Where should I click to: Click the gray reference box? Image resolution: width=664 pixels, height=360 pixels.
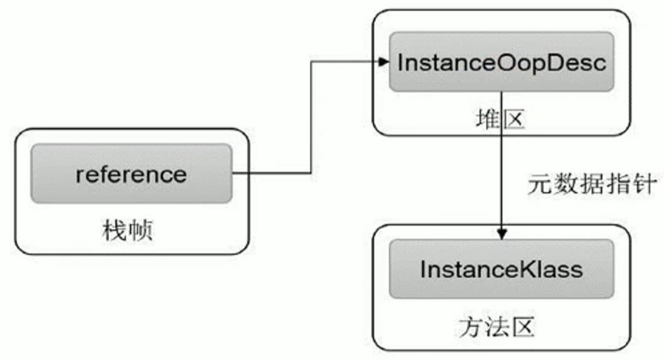pos(131,173)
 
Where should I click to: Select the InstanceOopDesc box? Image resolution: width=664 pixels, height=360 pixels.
pos(501,62)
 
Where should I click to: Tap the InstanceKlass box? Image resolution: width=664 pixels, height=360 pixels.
pos(501,269)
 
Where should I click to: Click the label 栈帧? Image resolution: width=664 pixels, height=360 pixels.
pos(128,230)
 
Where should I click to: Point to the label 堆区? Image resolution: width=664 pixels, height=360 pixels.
pos(501,119)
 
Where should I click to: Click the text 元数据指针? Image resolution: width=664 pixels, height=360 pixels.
pos(591,184)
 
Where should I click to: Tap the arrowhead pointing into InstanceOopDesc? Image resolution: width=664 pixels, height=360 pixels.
pos(384,62)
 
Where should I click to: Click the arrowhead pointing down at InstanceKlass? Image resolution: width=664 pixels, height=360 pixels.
pos(502,234)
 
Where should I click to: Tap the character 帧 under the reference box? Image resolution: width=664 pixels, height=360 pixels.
pos(141,230)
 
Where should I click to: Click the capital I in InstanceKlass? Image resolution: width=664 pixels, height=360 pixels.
pos(423,269)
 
